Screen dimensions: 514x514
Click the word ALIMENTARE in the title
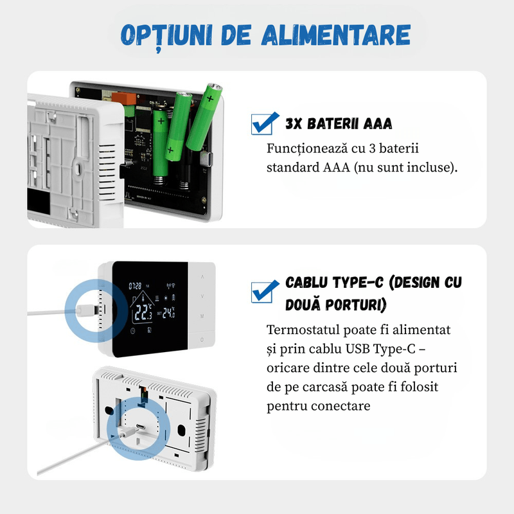335,35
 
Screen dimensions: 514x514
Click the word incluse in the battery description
431,168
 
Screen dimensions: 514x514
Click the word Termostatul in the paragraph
306,330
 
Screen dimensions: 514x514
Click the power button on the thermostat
202,340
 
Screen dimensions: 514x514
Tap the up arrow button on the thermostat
202,277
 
